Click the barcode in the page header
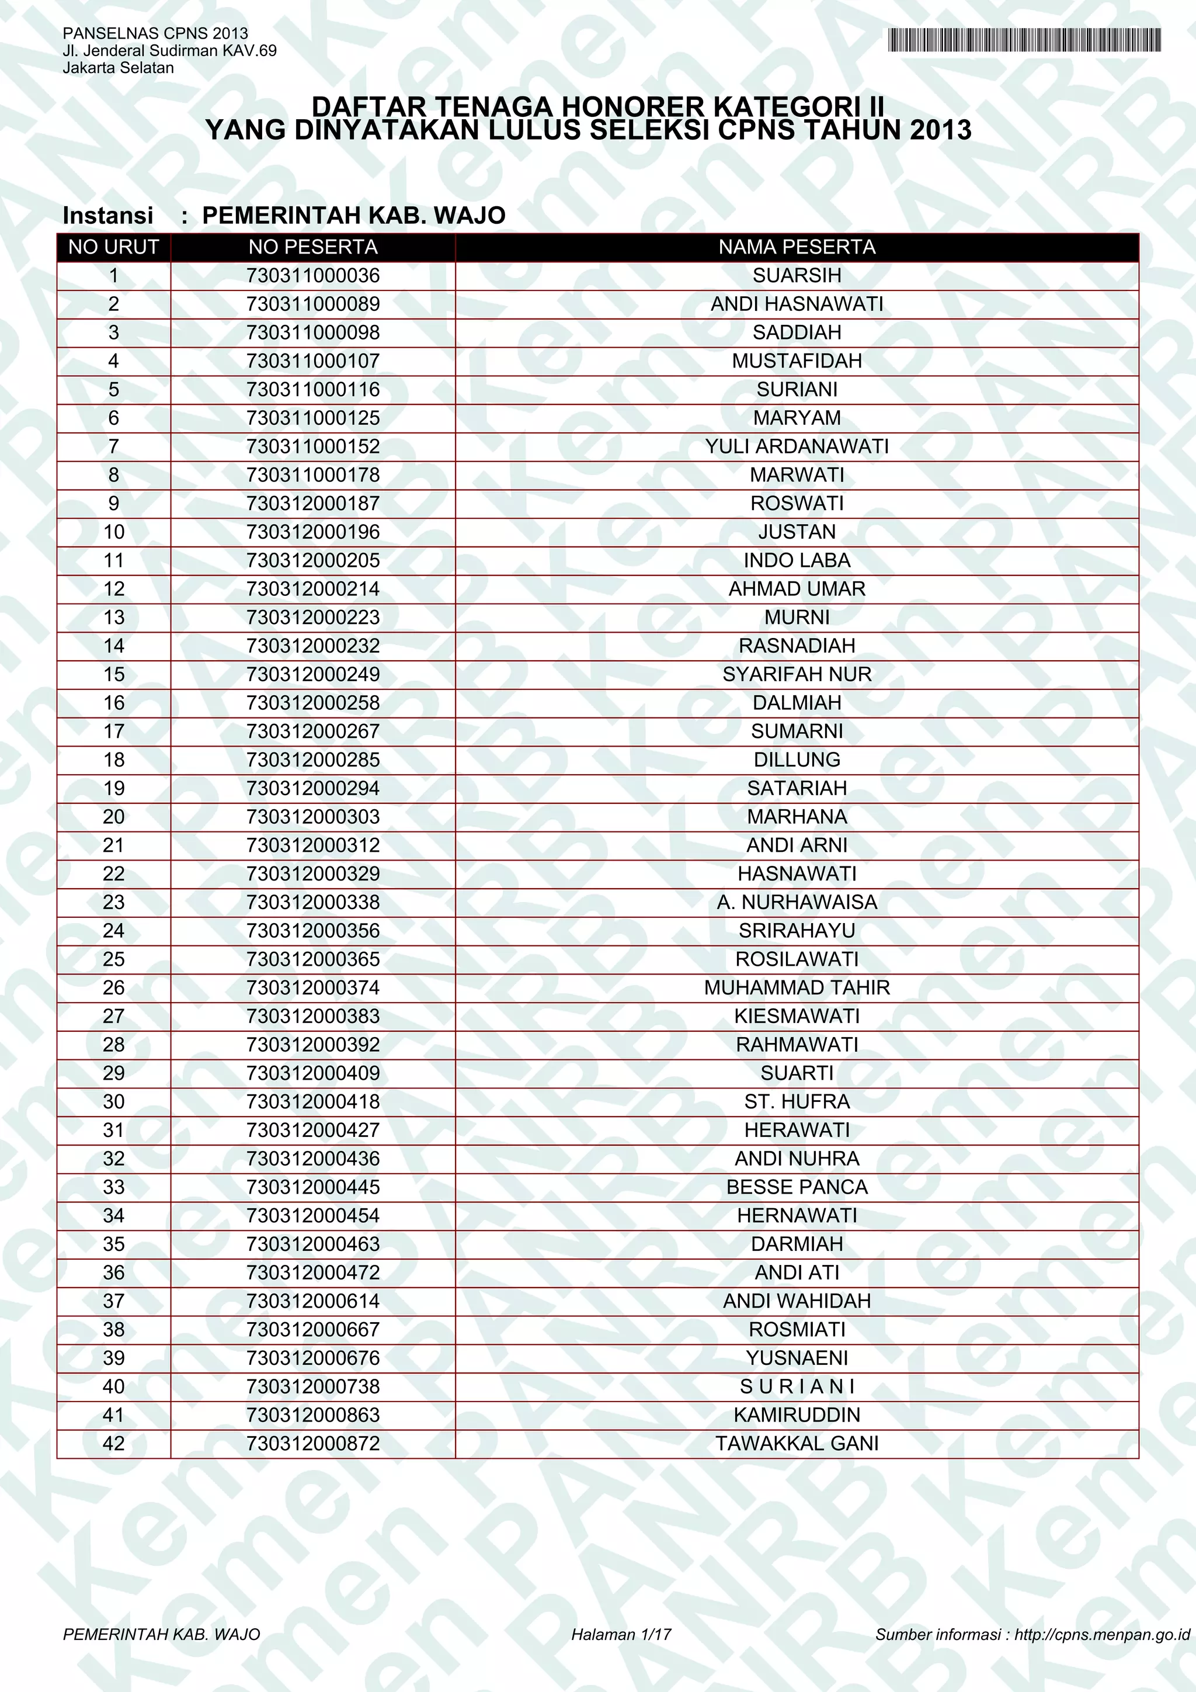[1024, 40]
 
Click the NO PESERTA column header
[313, 248]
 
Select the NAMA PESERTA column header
[797, 248]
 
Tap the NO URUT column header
[113, 248]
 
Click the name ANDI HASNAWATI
[797, 304]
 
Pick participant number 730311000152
[313, 446]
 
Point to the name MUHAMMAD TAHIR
[797, 987]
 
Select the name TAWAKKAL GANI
[797, 1444]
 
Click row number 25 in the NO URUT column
[113, 959]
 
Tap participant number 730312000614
[313, 1301]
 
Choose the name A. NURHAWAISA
[797, 903]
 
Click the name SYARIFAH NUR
[797, 674]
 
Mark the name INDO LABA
[797, 561]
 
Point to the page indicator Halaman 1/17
[621, 1635]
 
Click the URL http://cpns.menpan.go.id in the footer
[1102, 1635]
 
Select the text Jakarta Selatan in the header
[119, 68]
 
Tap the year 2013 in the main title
[940, 130]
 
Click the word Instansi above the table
[108, 215]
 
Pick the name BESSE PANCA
[797, 1187]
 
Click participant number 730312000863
[313, 1415]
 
